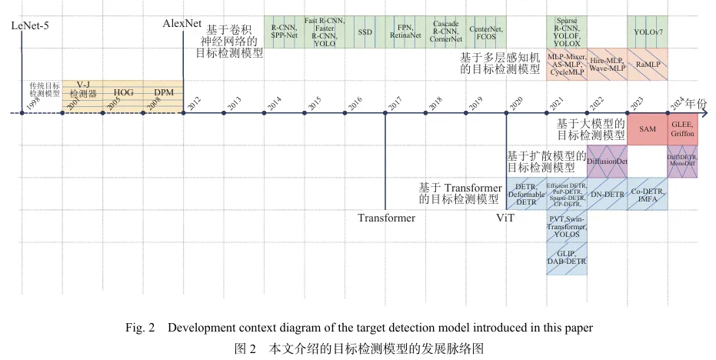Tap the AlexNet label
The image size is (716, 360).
[182, 24]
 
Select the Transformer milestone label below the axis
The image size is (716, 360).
[386, 218]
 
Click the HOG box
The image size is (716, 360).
[123, 92]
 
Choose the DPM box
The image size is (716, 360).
[163, 92]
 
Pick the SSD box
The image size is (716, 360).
[365, 33]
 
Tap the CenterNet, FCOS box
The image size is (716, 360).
[486, 33]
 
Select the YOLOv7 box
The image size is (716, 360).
[648, 33]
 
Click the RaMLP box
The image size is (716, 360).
[648, 65]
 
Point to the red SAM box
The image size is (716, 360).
[648, 129]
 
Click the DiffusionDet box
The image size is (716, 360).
[608, 162]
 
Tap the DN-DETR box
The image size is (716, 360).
[608, 194]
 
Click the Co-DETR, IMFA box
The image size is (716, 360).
[648, 194]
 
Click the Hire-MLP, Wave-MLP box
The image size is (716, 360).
[608, 65]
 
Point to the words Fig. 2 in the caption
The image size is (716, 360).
[141, 328]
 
